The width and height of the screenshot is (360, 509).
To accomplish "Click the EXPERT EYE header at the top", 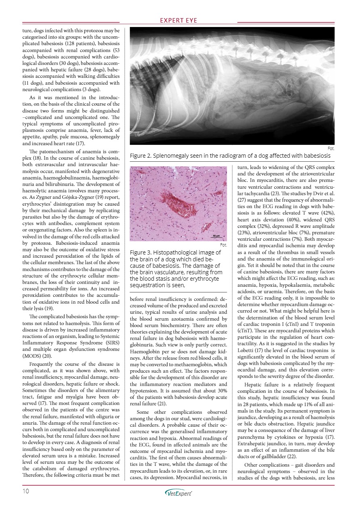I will tap(180, 21).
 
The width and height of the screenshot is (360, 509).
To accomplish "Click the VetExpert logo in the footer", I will tap(179, 492).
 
